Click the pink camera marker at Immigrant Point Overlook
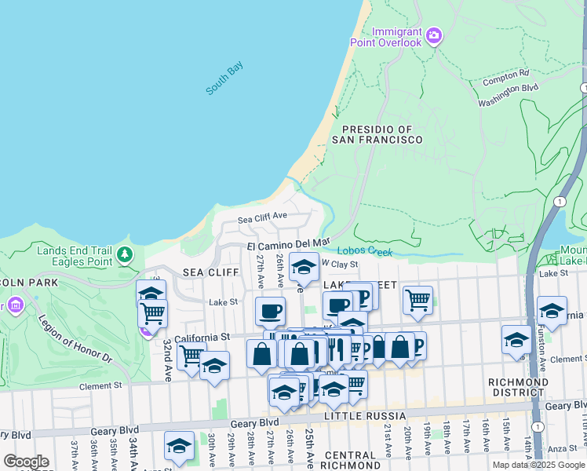point(434,35)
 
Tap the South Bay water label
point(224,79)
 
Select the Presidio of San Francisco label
point(377,134)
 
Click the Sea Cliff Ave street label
point(262,215)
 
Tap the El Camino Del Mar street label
point(288,245)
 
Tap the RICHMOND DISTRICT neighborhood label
point(517,387)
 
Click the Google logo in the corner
point(26,462)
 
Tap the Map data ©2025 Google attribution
point(538,465)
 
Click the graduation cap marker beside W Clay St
point(303,268)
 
